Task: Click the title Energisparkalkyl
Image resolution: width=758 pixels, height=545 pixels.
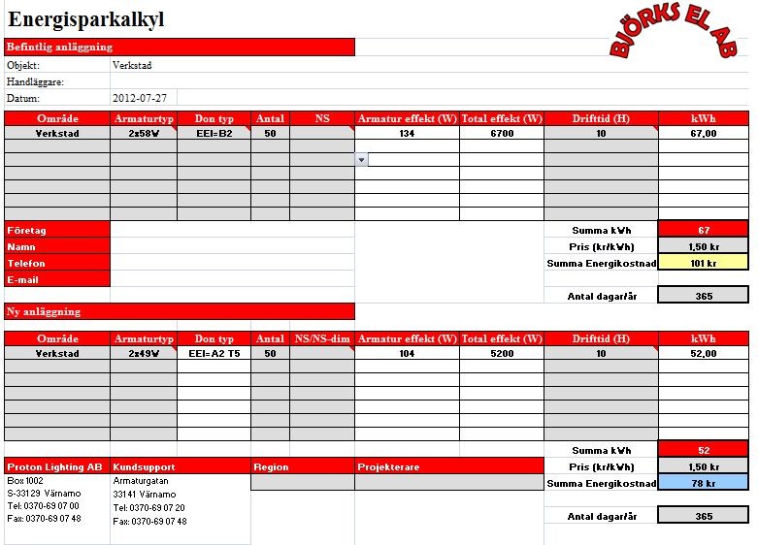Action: pos(86,19)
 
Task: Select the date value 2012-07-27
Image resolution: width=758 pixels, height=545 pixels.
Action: pos(140,98)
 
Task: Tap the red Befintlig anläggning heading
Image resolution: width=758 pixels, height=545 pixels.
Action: pos(180,47)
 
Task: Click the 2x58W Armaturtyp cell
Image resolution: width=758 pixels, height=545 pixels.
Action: pos(144,134)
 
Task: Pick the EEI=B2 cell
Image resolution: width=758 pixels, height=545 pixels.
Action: pos(214,134)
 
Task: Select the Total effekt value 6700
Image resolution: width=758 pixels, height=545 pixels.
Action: pos(502,134)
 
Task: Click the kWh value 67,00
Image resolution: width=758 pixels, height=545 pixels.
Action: pos(704,134)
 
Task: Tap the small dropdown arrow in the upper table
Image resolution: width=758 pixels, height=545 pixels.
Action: pos(361,159)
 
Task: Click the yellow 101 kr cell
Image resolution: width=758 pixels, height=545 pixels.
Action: pos(704,262)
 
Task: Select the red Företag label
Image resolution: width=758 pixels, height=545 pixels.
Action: pos(57,230)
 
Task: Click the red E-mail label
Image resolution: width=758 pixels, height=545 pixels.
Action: pos(57,279)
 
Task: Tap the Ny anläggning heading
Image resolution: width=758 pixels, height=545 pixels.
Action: pos(180,311)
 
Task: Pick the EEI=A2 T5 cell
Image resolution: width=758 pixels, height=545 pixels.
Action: pos(214,354)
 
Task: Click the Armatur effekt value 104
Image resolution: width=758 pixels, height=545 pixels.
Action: pos(407,354)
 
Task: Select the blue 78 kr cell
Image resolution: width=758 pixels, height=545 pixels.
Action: pos(704,483)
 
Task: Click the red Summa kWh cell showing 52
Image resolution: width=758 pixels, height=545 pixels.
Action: pos(704,450)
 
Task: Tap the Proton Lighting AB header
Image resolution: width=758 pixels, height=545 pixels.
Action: pos(57,466)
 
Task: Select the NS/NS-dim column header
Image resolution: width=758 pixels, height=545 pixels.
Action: pos(322,338)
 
